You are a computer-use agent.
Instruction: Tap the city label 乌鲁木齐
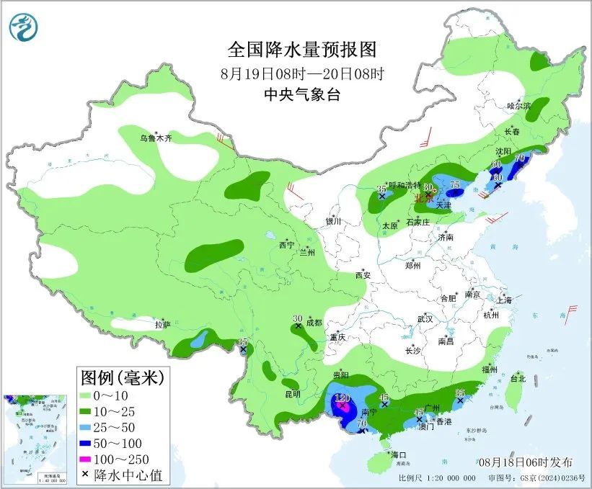[156, 138]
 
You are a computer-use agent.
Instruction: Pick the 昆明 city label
[291, 394]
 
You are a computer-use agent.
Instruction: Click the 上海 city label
[504, 300]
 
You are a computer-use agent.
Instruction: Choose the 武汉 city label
[425, 318]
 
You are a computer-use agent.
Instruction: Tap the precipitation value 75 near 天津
[455, 184]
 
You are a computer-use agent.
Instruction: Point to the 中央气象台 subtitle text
[301, 94]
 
